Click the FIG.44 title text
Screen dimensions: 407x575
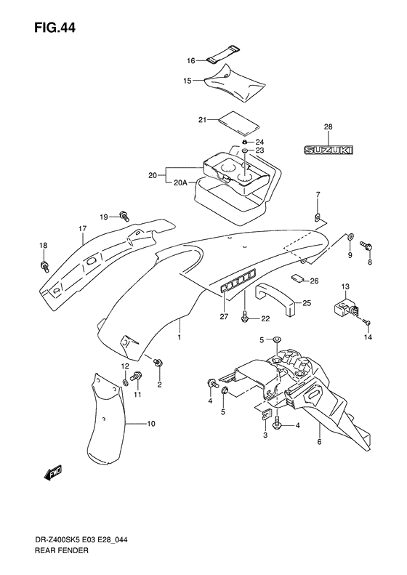pyautogui.click(x=55, y=28)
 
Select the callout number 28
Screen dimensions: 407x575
pyautogui.click(x=329, y=127)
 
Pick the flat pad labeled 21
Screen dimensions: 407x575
pyautogui.click(x=238, y=122)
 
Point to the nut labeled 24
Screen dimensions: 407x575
pyautogui.click(x=243, y=142)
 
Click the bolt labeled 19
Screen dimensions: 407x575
pyautogui.click(x=124, y=216)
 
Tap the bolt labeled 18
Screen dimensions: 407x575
pyautogui.click(x=44, y=266)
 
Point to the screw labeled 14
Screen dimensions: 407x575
pyautogui.click(x=367, y=322)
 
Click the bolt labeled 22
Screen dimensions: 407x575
pyautogui.click(x=244, y=317)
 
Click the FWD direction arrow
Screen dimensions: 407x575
pyautogui.click(x=53, y=473)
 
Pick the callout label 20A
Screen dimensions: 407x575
pyautogui.click(x=180, y=182)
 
